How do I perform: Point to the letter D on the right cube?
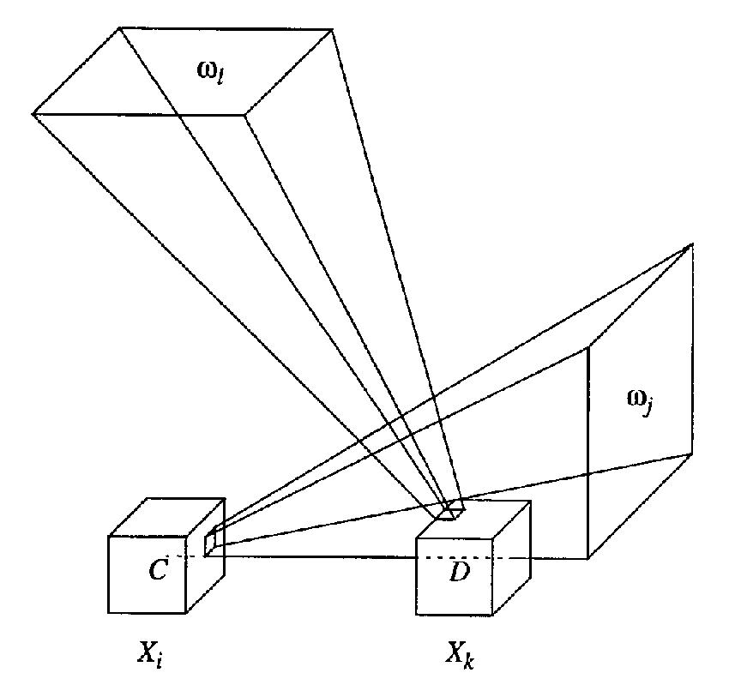[458, 570]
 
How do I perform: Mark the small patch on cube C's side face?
[210, 544]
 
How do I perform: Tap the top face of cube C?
[166, 518]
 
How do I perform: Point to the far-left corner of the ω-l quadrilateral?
[33, 113]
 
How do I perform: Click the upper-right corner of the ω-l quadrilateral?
[333, 29]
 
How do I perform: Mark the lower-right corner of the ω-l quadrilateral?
[247, 113]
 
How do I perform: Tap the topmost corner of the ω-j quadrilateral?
[691, 245]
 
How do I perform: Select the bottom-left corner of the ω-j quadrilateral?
[587, 558]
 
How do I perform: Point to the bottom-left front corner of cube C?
[110, 613]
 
